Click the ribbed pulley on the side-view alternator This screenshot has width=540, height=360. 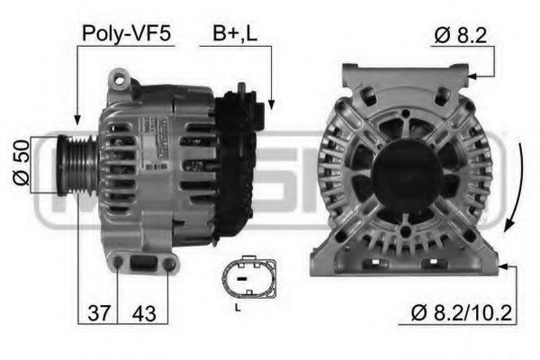[80, 165]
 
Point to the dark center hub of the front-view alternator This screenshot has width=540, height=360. [402, 171]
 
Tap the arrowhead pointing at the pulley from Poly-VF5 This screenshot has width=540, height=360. [77, 119]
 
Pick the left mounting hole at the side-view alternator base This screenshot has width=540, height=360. [119, 263]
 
